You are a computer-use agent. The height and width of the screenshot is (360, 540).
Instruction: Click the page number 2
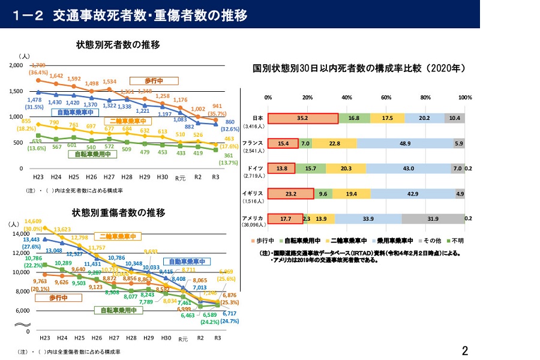pos(465,349)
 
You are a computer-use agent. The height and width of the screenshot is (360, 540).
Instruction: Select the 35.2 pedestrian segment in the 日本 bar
pos(302,119)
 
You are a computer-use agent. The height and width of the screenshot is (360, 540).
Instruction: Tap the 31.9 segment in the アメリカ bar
pos(433,219)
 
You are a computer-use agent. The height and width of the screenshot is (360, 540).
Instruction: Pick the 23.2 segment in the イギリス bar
pos(290,194)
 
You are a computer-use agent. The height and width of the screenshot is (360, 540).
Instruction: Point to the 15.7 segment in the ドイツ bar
pos(311,169)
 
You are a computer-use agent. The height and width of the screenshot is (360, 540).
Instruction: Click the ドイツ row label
pos(253,168)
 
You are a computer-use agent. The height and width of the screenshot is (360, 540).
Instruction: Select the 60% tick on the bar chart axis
pos(386,97)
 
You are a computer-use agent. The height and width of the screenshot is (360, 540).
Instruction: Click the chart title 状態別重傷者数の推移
pos(118,212)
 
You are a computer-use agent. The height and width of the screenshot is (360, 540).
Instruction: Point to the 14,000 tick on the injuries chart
pos(20,233)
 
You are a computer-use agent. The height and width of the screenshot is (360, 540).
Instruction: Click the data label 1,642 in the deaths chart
pos(56,76)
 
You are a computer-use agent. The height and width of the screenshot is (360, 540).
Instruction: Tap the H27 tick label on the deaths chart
pos(109,178)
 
